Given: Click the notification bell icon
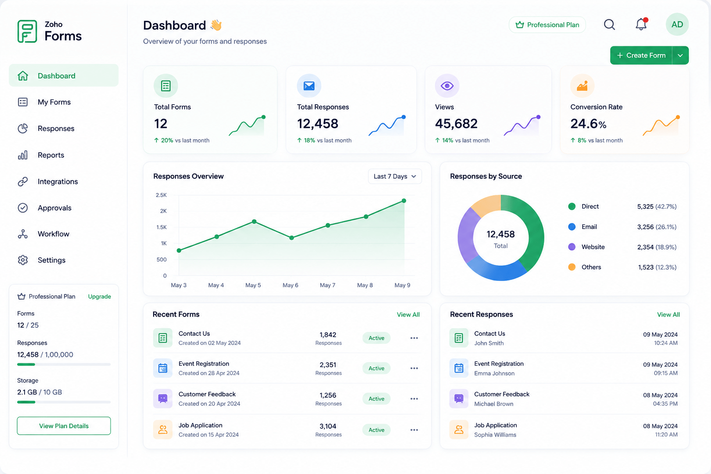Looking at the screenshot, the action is click(x=641, y=24).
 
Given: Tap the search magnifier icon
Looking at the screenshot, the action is click(x=609, y=25).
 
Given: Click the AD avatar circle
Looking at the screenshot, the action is click(x=677, y=25).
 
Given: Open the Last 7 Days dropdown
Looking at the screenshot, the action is click(x=395, y=176).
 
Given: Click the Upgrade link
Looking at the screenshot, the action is click(x=100, y=296).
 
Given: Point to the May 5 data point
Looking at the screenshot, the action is click(x=254, y=221).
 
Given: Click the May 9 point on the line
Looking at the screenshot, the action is click(x=404, y=200).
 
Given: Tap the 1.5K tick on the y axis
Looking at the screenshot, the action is click(x=161, y=227).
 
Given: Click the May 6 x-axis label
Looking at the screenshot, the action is click(x=290, y=285).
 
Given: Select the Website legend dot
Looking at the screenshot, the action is click(x=572, y=247).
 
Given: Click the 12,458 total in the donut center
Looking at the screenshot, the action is click(x=500, y=234).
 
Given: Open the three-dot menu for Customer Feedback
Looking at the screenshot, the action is click(x=414, y=399).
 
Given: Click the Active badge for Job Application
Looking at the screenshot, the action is click(x=376, y=430).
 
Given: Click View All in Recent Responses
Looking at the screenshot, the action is click(x=668, y=314).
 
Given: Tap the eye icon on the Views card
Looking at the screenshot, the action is click(x=447, y=86).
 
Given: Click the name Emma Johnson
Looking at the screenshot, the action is click(x=494, y=374).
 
